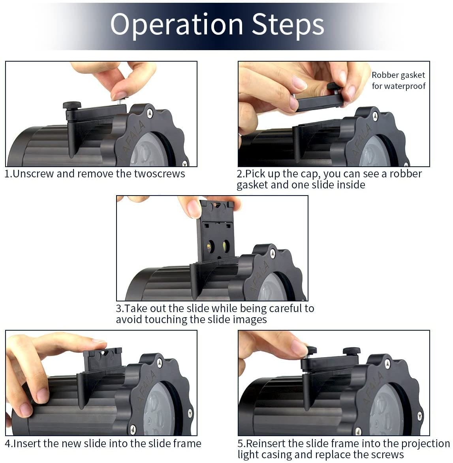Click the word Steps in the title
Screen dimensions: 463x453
(288, 24)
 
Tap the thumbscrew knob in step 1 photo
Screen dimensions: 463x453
(72, 105)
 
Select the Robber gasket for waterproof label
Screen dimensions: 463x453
(398, 81)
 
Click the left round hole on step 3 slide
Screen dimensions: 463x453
(210, 245)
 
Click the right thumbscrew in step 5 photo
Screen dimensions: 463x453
(351, 351)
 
